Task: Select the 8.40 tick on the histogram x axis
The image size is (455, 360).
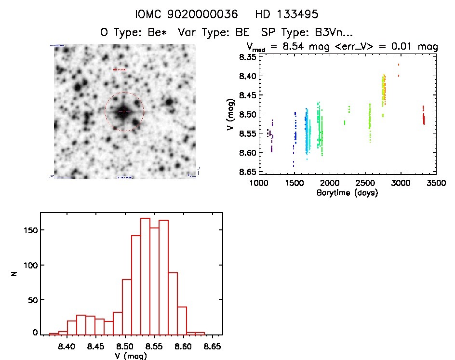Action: [x=67, y=346]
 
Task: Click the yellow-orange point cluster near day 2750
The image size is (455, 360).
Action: [x=384, y=89]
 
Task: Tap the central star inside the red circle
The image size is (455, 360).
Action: [x=124, y=111]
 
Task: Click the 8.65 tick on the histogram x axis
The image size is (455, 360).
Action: [x=213, y=346]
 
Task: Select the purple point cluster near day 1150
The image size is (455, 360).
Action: [x=271, y=136]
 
